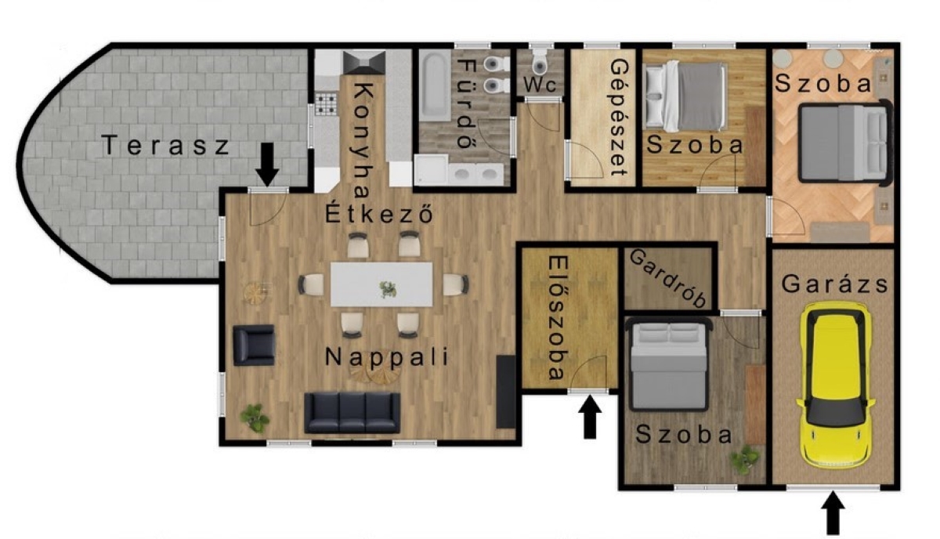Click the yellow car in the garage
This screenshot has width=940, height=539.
(x=836, y=385)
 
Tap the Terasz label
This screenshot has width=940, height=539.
(x=165, y=145)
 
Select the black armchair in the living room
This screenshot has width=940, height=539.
(x=254, y=345)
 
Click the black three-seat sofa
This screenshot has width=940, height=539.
(x=352, y=413)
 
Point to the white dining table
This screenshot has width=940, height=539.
(x=381, y=284)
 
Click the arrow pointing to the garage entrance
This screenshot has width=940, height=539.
(x=833, y=513)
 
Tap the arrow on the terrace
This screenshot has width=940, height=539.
(x=267, y=165)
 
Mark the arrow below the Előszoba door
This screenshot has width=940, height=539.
(x=590, y=417)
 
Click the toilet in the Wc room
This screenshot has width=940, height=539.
(x=540, y=63)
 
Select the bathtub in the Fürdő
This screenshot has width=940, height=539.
(x=435, y=85)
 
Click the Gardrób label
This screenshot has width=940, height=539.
(x=668, y=278)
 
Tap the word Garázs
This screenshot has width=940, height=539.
(x=834, y=284)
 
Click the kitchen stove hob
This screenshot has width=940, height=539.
(x=326, y=103)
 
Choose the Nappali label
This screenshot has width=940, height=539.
(x=386, y=356)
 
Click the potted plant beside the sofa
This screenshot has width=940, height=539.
(x=255, y=418)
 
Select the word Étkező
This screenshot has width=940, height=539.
(x=379, y=214)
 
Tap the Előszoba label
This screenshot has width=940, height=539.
(x=558, y=318)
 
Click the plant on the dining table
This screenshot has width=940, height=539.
(x=388, y=289)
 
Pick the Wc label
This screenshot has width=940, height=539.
(x=540, y=85)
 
